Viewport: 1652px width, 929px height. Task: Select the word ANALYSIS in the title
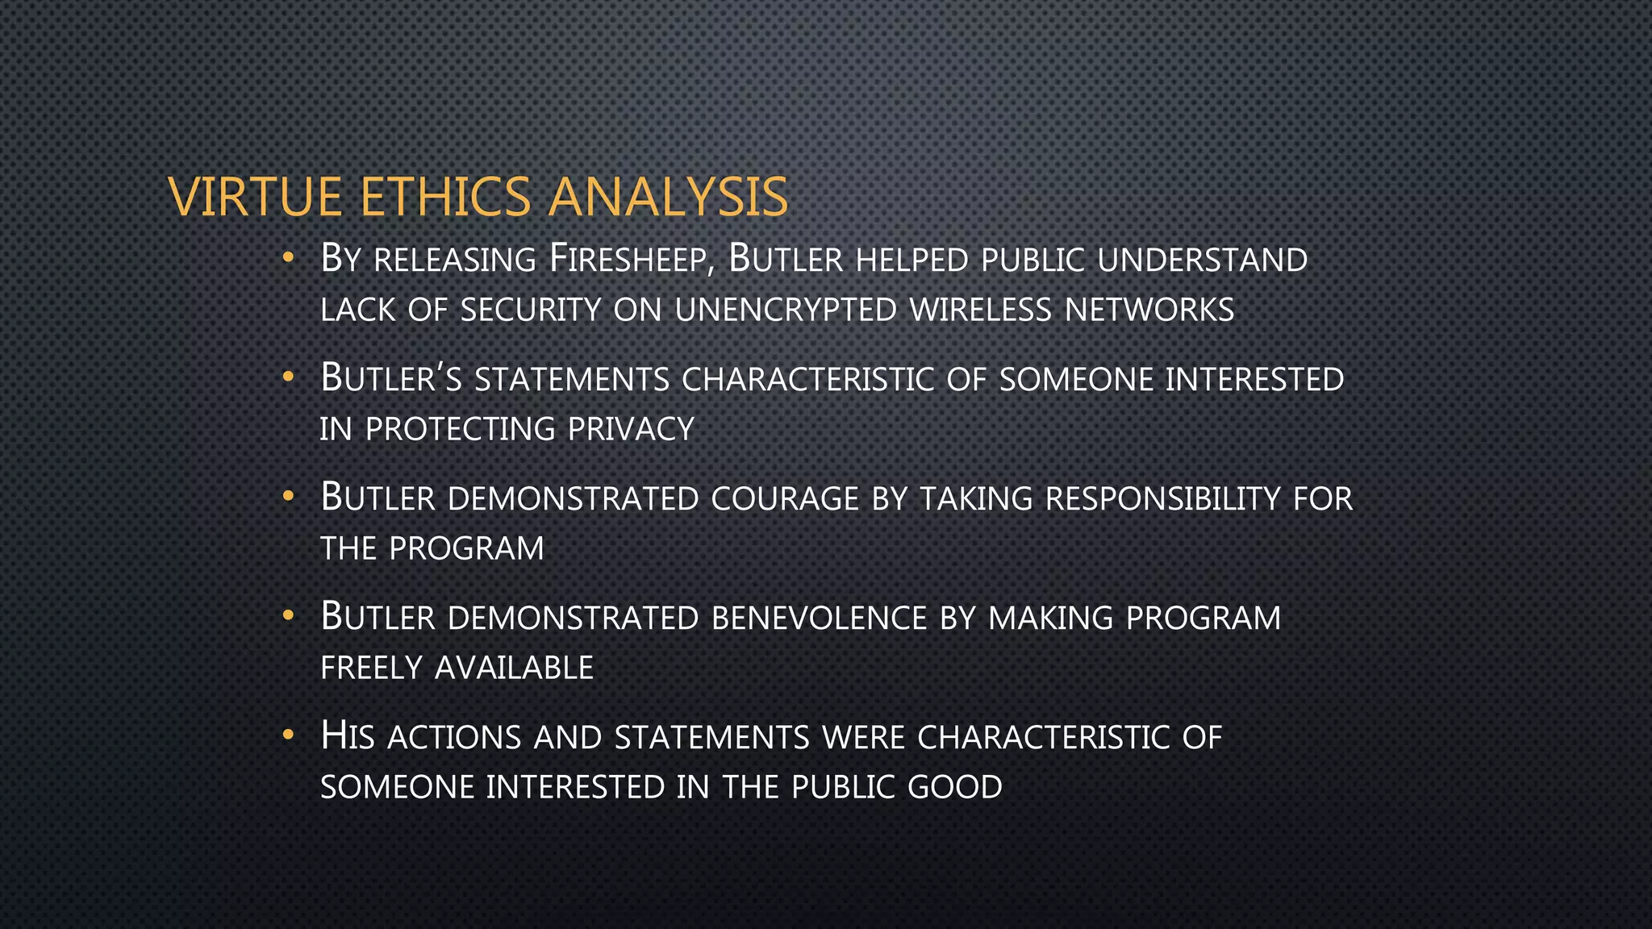[x=668, y=197]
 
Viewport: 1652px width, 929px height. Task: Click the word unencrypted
[x=786, y=310]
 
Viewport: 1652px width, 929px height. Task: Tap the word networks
[x=1149, y=310]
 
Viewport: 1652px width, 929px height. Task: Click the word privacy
[x=631, y=429]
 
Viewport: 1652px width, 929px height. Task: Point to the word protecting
[x=460, y=429]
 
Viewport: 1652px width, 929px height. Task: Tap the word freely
[x=371, y=668]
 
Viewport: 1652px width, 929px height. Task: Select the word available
[x=514, y=668]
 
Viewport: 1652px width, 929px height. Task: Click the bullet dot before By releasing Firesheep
[x=288, y=259]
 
